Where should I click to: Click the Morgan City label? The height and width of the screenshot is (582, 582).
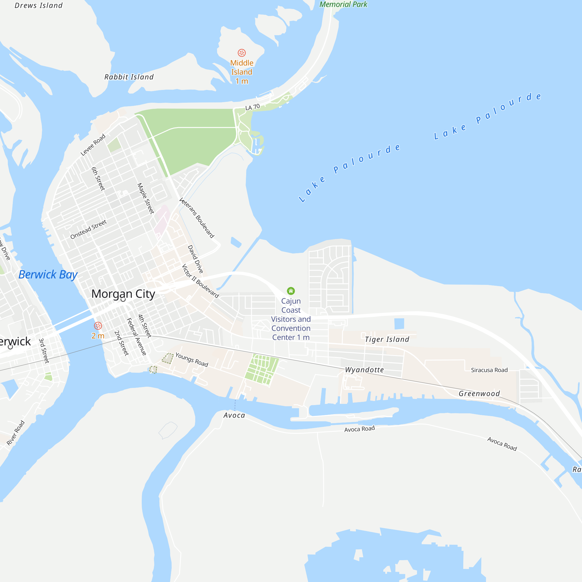click(x=123, y=294)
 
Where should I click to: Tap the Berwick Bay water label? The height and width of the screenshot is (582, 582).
click(x=48, y=275)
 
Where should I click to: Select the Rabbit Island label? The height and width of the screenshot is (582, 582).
click(x=129, y=77)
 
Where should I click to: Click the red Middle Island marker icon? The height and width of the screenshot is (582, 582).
click(x=242, y=53)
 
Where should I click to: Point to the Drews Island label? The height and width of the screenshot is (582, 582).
click(x=39, y=6)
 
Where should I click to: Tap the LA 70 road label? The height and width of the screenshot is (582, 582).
click(x=252, y=107)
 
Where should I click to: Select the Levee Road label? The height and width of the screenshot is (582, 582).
click(x=93, y=145)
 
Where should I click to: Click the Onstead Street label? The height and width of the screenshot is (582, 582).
click(x=88, y=230)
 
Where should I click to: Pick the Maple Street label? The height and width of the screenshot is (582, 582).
click(x=145, y=198)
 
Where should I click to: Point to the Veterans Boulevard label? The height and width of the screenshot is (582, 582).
click(x=196, y=218)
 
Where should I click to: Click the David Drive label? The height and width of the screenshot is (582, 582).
click(x=195, y=259)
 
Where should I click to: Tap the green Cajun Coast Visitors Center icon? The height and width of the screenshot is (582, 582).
click(x=291, y=291)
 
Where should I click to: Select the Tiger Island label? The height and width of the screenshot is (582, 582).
click(x=387, y=340)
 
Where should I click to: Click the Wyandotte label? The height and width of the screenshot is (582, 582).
click(x=364, y=370)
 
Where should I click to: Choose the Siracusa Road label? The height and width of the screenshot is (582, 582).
click(x=489, y=370)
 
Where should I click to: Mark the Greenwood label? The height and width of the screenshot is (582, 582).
click(x=479, y=393)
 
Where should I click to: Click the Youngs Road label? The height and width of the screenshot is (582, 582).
click(x=191, y=360)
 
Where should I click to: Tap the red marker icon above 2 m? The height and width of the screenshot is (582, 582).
click(x=98, y=326)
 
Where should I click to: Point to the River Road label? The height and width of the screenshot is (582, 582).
click(x=15, y=433)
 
